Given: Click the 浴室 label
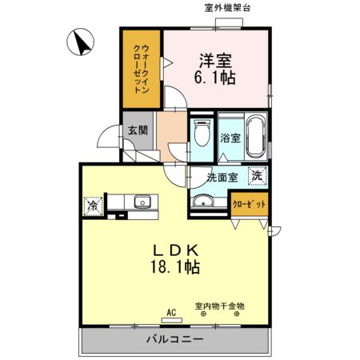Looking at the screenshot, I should [230, 138].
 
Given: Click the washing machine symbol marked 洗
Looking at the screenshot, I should [257, 175].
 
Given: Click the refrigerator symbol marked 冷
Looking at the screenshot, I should [92, 206].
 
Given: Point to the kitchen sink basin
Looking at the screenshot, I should [142, 202].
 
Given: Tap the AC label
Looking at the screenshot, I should [170, 312].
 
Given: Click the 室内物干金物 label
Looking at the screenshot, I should [219, 305].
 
